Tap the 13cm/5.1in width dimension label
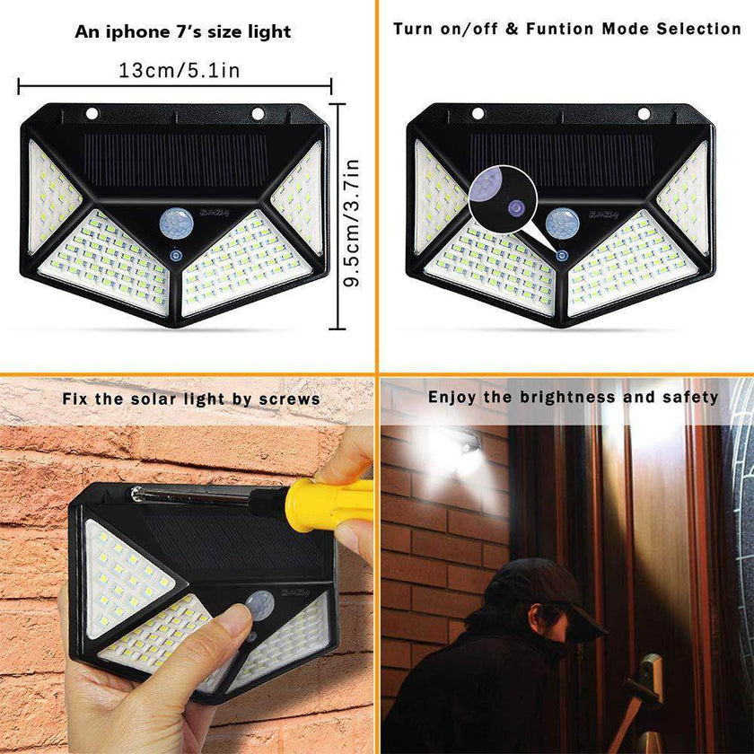tap(179, 70)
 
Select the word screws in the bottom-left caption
tap(291, 399)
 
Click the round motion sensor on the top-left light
tap(172, 221)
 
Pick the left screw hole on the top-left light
tap(92, 114)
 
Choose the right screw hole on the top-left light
tap(258, 114)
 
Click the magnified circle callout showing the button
tap(500, 197)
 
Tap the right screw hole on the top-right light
tap(643, 114)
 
